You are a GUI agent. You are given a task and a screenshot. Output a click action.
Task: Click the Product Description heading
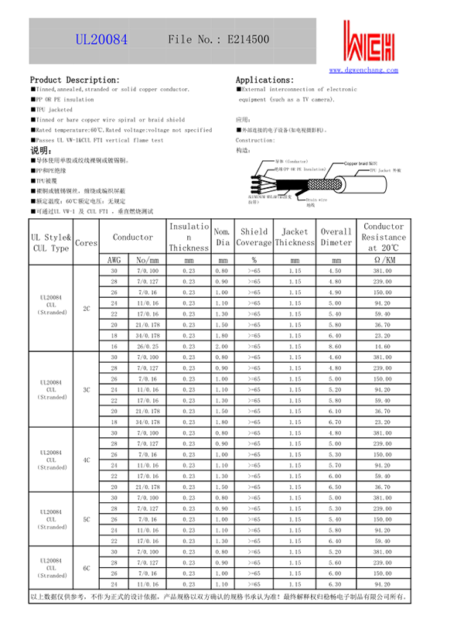74,80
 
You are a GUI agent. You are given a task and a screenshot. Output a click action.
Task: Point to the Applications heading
264,80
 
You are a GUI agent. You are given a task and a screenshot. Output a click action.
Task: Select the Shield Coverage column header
254,237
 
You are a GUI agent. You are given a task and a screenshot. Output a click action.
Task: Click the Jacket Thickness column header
295,237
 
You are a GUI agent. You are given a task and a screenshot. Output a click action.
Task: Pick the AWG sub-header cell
114,260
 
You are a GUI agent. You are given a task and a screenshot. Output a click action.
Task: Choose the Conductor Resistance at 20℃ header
383,237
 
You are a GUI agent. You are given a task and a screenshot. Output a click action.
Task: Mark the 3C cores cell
87,390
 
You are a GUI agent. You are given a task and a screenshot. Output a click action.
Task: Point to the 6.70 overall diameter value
335,422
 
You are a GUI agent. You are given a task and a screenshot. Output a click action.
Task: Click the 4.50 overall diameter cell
335,272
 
